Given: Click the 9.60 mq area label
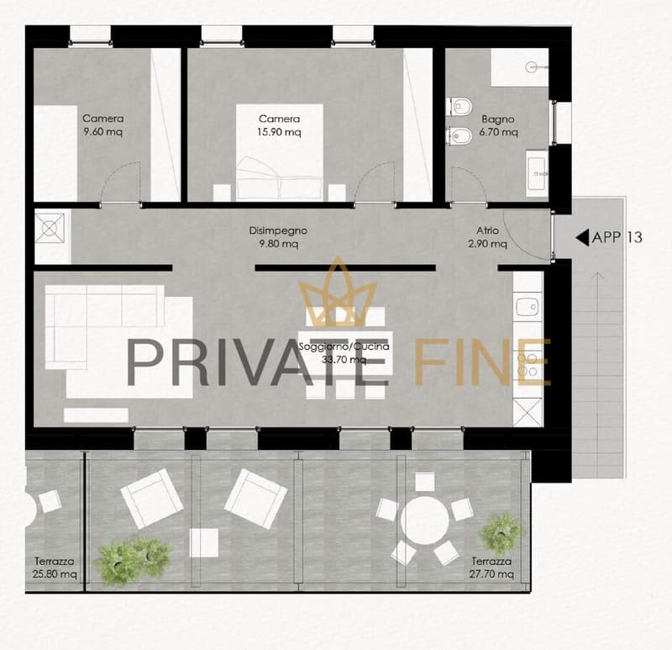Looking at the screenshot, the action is pyautogui.click(x=102, y=131).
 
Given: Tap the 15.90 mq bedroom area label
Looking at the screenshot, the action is pyautogui.click(x=279, y=132).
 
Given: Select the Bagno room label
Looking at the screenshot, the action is pyautogui.click(x=497, y=119).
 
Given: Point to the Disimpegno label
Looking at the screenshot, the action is pyautogui.click(x=278, y=230).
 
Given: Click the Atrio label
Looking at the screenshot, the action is pyautogui.click(x=487, y=230).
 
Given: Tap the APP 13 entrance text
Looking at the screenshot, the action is pyautogui.click(x=617, y=237).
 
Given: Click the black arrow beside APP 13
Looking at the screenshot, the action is pyautogui.click(x=582, y=237).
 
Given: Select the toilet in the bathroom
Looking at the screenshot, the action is pyautogui.click(x=459, y=106).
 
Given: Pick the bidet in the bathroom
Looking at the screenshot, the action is pyautogui.click(x=459, y=136).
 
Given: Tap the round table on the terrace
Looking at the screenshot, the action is pyautogui.click(x=425, y=521).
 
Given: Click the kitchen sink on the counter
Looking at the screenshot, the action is pyautogui.click(x=528, y=307).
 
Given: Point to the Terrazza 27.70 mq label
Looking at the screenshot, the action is pyautogui.click(x=491, y=568).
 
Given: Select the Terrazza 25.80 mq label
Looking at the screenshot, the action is pyautogui.click(x=55, y=568).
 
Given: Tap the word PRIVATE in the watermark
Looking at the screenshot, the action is pyautogui.click(x=258, y=362).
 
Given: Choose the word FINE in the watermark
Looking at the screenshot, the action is pyautogui.click(x=483, y=362).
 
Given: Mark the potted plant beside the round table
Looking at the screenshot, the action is pyautogui.click(x=501, y=532).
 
